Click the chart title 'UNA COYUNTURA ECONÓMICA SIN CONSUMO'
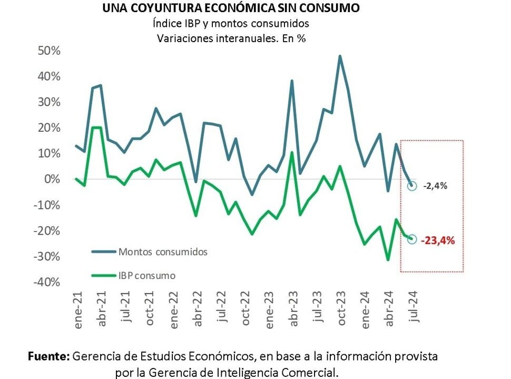point(231,8)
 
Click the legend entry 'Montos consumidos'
point(163,251)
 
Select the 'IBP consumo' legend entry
point(147,275)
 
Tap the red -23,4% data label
point(437,240)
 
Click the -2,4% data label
point(435,186)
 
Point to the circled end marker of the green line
point(412,239)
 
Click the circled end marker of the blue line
point(412,186)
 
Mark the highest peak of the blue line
point(340,56)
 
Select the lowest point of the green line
point(388,260)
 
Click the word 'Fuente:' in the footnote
point(48,356)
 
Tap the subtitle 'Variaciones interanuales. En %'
point(232,38)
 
